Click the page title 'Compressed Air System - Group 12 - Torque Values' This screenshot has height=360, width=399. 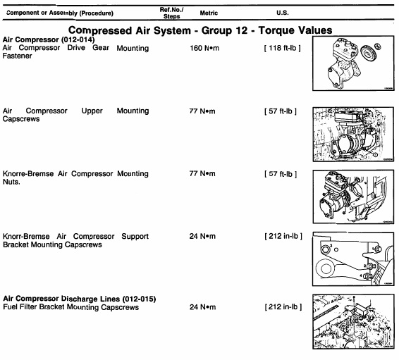point(200,30)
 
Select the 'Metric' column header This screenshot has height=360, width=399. point(209,13)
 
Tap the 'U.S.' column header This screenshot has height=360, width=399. point(283,13)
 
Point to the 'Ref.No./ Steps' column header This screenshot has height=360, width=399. point(171,13)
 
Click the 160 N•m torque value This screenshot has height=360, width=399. point(204,48)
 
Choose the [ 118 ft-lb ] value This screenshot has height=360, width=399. point(283,48)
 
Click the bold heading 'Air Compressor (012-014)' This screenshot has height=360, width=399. point(49,39)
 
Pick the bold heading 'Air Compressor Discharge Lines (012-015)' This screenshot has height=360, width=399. point(80,299)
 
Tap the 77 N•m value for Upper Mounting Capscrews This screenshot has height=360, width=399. point(202,111)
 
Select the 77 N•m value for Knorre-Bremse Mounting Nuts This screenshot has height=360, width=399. point(202,173)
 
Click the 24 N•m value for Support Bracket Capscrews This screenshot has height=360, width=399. point(202,236)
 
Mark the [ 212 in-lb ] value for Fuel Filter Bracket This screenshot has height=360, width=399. point(283,307)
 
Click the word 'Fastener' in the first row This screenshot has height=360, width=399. point(18,56)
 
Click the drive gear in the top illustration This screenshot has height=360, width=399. point(367,53)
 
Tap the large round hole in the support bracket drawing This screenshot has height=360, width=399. point(326,268)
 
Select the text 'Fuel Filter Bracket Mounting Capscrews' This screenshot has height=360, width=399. point(70,307)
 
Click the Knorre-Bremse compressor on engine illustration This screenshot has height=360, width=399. point(353,197)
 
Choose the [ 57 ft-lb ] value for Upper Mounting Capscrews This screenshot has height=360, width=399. point(281,111)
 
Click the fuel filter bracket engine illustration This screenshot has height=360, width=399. point(353,322)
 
